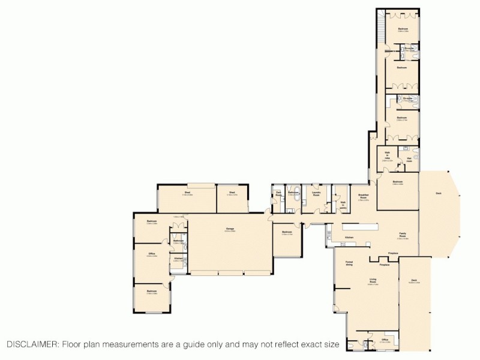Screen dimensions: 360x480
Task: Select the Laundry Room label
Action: click(x=316, y=194)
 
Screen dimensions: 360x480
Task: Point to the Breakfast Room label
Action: click(x=363, y=197)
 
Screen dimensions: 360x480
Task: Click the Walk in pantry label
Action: click(x=343, y=203)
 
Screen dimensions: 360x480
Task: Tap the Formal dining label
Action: click(x=349, y=263)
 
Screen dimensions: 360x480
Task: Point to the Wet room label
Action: click(x=409, y=160)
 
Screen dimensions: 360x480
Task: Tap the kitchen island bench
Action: click(x=360, y=227)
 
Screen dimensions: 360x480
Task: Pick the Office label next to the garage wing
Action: click(x=152, y=254)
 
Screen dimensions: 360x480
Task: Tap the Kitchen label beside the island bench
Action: click(x=349, y=238)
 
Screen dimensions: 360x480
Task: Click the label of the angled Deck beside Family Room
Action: click(x=439, y=194)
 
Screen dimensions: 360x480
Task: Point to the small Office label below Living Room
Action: click(x=385, y=340)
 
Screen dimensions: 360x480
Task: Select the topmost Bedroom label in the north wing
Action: click(x=403, y=29)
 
